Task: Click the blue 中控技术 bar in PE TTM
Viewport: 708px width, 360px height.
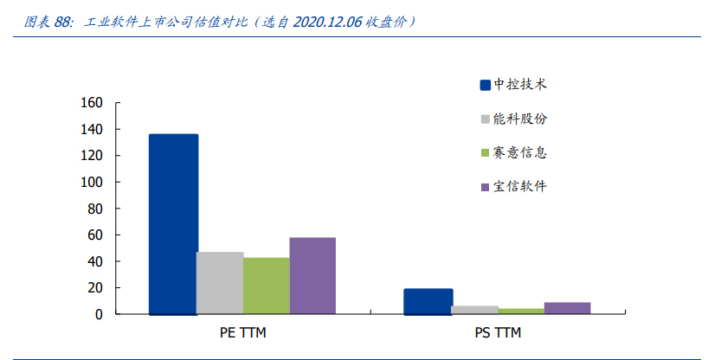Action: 173,224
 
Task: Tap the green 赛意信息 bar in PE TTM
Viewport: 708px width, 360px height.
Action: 267,286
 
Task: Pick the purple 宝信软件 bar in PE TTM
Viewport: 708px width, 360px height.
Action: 312,275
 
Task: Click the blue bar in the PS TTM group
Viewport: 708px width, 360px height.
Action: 428,301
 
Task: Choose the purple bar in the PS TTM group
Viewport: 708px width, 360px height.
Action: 567,308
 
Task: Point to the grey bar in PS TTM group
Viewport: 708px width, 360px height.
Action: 474,310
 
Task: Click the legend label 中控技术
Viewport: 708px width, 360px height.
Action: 520,85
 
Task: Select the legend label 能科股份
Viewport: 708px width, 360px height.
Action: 520,119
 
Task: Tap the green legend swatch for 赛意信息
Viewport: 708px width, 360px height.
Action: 486,153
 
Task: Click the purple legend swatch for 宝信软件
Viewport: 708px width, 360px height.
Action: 486,187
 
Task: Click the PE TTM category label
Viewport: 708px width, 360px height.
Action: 243,332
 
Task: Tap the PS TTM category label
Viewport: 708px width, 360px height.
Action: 498,332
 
